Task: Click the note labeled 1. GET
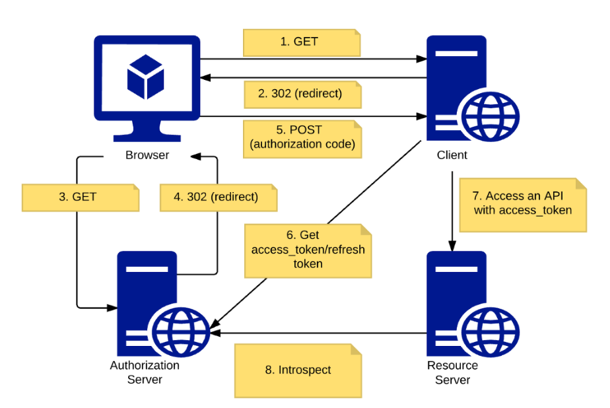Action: click(301, 42)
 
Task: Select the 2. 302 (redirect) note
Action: click(301, 94)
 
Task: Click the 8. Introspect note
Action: click(298, 370)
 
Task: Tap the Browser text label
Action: click(147, 156)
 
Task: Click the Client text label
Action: click(452, 156)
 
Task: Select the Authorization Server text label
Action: click(145, 372)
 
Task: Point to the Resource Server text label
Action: click(453, 372)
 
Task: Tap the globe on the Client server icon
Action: click(491, 116)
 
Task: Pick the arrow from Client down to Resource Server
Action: click(452, 211)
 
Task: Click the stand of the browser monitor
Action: click(147, 132)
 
